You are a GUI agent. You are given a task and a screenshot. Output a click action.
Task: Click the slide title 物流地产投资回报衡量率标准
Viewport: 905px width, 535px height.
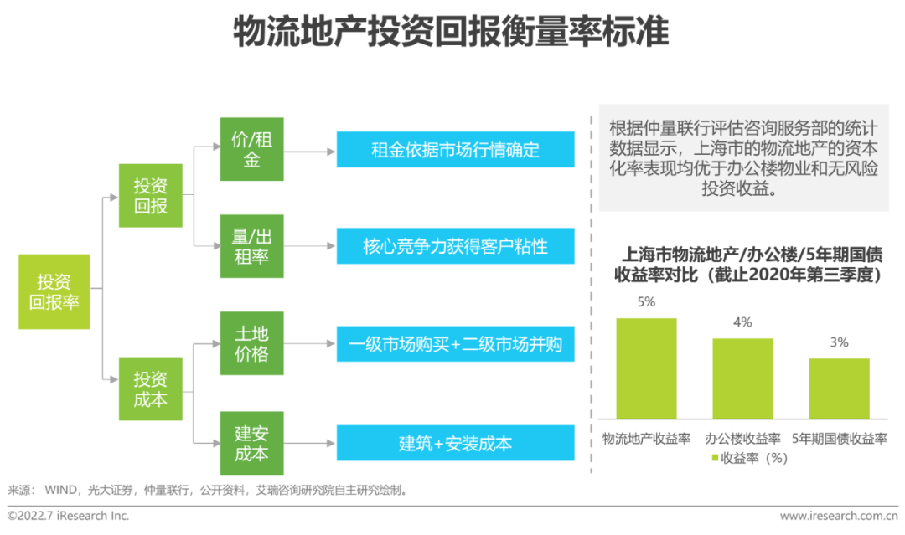coord(452,31)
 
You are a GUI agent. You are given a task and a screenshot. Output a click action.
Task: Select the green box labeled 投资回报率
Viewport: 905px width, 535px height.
coord(54,291)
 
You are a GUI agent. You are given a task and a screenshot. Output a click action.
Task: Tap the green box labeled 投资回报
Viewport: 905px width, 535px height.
coord(151,195)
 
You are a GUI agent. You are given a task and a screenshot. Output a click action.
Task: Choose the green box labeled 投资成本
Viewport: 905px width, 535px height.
coord(151,388)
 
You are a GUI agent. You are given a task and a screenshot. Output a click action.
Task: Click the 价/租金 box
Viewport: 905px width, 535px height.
coord(251,149)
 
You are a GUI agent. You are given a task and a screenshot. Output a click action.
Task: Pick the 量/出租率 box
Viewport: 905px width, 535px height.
coord(251,246)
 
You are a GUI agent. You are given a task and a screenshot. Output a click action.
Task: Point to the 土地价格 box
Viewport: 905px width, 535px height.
coord(251,343)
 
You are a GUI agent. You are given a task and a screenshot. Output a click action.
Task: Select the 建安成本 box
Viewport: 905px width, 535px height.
coord(251,443)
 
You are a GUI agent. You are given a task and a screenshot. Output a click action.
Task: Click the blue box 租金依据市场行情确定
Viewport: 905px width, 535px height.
coord(455,150)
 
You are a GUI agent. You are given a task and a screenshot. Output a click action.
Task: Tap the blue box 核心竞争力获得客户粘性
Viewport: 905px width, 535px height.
coord(455,246)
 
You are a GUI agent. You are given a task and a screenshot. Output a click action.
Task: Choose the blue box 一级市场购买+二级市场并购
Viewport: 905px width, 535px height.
coord(455,343)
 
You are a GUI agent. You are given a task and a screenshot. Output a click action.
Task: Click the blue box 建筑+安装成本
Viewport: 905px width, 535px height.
coord(455,443)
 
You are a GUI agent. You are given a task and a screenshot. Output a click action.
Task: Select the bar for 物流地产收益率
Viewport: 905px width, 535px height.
coord(646,368)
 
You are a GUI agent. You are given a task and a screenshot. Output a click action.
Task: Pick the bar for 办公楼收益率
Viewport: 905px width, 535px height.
coord(742,378)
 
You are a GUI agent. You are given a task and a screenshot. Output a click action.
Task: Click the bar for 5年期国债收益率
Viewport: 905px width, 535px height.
coord(839,388)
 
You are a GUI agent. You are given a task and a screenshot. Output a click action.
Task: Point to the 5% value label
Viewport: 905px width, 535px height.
coord(646,302)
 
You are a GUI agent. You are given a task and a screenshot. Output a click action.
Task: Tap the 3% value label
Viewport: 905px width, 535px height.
coord(839,342)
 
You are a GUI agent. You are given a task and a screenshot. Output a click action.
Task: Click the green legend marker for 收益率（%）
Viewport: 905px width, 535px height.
coord(715,458)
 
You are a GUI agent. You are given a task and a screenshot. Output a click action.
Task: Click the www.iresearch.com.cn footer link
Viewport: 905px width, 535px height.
coord(839,516)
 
